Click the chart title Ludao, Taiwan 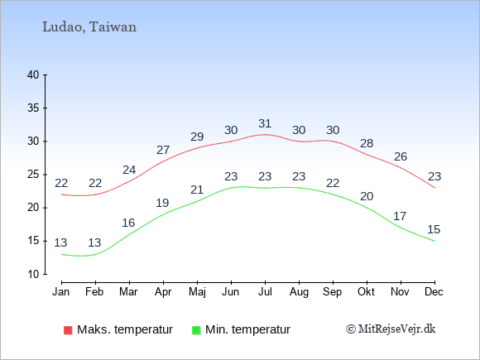(89, 27)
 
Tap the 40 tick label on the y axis (33, 74)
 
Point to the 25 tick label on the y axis (33, 175)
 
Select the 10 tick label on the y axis (33, 274)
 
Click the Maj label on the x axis (197, 292)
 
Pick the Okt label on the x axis (367, 292)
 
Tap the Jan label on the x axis (61, 292)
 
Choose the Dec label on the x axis (434, 292)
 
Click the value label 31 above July (265, 123)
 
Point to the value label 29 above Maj (197, 137)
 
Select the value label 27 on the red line (163, 150)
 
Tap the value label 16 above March (128, 223)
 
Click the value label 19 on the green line (162, 203)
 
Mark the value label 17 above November (400, 217)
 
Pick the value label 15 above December (434, 229)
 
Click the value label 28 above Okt (367, 143)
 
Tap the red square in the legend (68, 330)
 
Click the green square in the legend (196, 330)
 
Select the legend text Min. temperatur (247, 329)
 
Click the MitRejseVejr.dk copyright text (391, 329)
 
